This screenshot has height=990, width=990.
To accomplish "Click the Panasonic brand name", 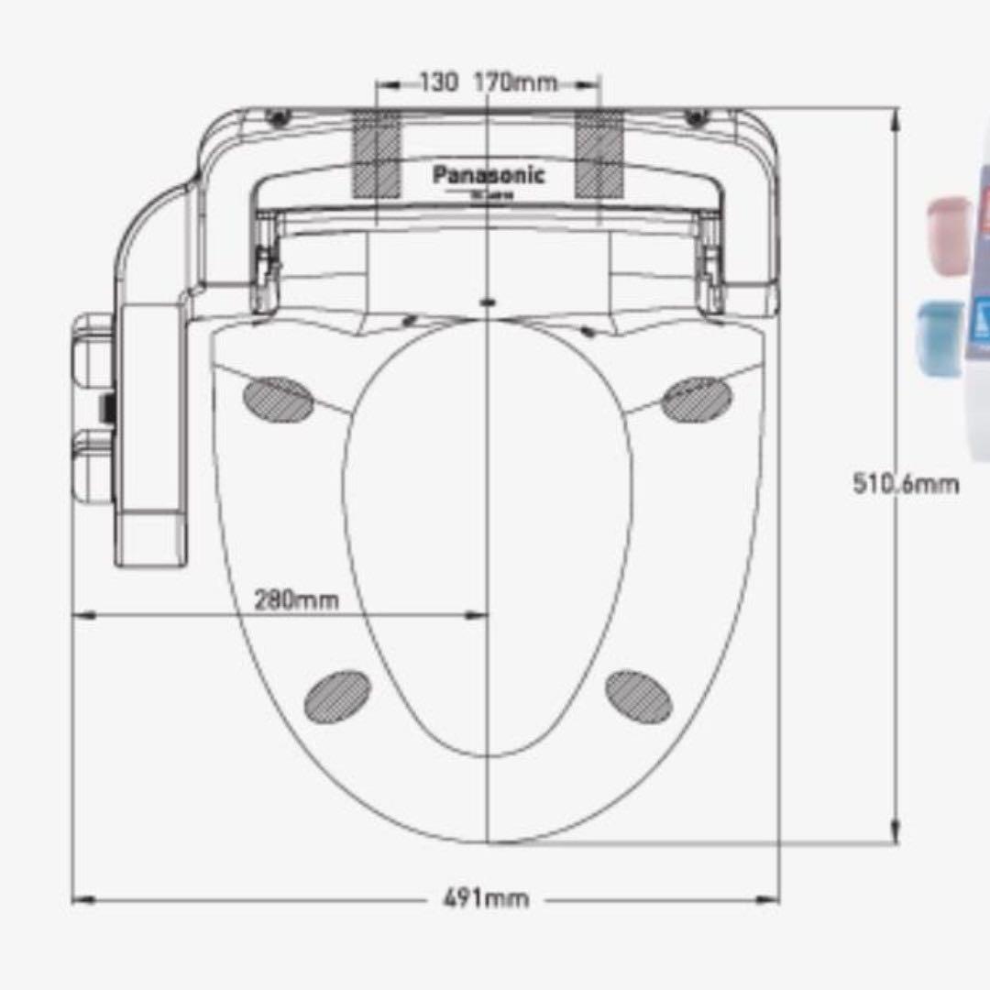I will (x=489, y=174).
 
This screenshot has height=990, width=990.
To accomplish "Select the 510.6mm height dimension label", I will (x=906, y=483).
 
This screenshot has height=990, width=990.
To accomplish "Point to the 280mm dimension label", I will (x=296, y=600).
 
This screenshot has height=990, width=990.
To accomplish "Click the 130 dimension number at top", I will (x=439, y=82).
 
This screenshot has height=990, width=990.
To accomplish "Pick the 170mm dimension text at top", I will (x=515, y=82).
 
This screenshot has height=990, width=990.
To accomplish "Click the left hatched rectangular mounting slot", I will (x=376, y=153).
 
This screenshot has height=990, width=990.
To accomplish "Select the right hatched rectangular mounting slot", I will (x=599, y=153).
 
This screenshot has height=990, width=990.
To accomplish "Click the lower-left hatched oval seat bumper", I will (x=337, y=694).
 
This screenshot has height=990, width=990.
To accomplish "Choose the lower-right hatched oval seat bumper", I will (x=639, y=696).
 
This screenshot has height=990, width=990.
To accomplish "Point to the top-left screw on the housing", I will (x=279, y=117).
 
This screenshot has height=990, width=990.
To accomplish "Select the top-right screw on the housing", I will (x=697, y=117).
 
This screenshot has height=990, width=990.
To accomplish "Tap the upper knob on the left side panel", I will (x=93, y=339).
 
